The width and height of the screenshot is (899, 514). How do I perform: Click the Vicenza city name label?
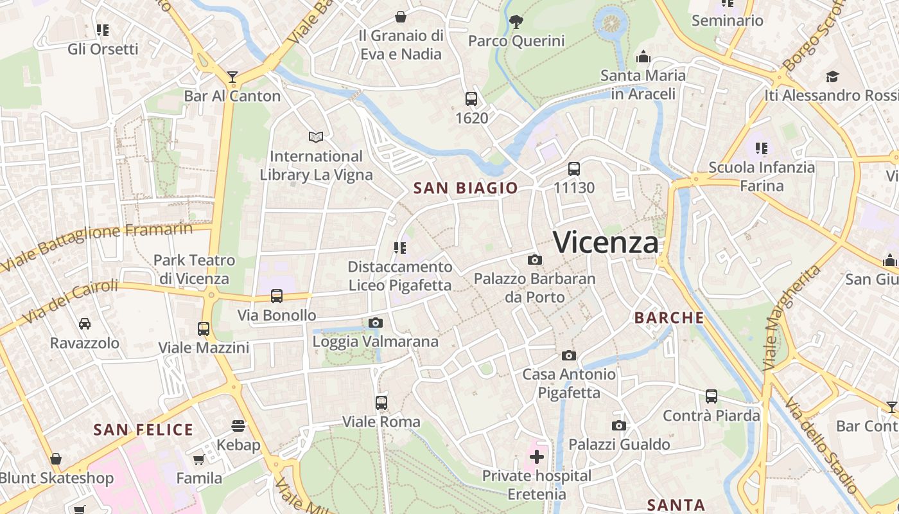(x=606, y=243)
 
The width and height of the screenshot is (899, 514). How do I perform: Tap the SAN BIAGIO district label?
(x=466, y=188)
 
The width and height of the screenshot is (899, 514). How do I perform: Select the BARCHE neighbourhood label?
(x=669, y=317)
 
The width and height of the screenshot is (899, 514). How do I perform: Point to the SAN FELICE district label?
(x=143, y=430)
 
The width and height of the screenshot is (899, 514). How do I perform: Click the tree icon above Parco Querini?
(x=516, y=22)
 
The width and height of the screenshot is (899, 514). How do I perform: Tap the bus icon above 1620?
(x=471, y=99)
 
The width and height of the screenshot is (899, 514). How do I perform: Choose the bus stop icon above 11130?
(x=574, y=169)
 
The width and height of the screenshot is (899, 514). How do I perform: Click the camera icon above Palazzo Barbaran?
(x=534, y=260)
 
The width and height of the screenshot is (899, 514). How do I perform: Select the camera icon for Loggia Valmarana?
(x=376, y=323)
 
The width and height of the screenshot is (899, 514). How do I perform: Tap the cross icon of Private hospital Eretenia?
(x=537, y=457)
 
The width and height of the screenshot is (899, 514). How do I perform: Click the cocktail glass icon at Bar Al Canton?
(x=232, y=78)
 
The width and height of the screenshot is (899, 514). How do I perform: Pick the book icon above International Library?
(x=316, y=137)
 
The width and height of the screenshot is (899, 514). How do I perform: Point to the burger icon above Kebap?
(x=238, y=426)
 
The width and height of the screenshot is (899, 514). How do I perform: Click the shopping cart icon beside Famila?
(x=199, y=459)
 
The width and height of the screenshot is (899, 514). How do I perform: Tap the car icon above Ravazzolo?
(x=85, y=323)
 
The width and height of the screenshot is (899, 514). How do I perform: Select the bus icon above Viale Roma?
(x=381, y=403)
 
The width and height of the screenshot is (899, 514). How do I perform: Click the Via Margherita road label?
(x=791, y=317)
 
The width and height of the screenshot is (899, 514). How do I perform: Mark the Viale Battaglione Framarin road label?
(x=96, y=245)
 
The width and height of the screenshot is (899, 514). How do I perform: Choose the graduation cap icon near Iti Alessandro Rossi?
(x=833, y=76)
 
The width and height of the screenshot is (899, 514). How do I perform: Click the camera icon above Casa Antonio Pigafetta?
(x=569, y=355)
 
